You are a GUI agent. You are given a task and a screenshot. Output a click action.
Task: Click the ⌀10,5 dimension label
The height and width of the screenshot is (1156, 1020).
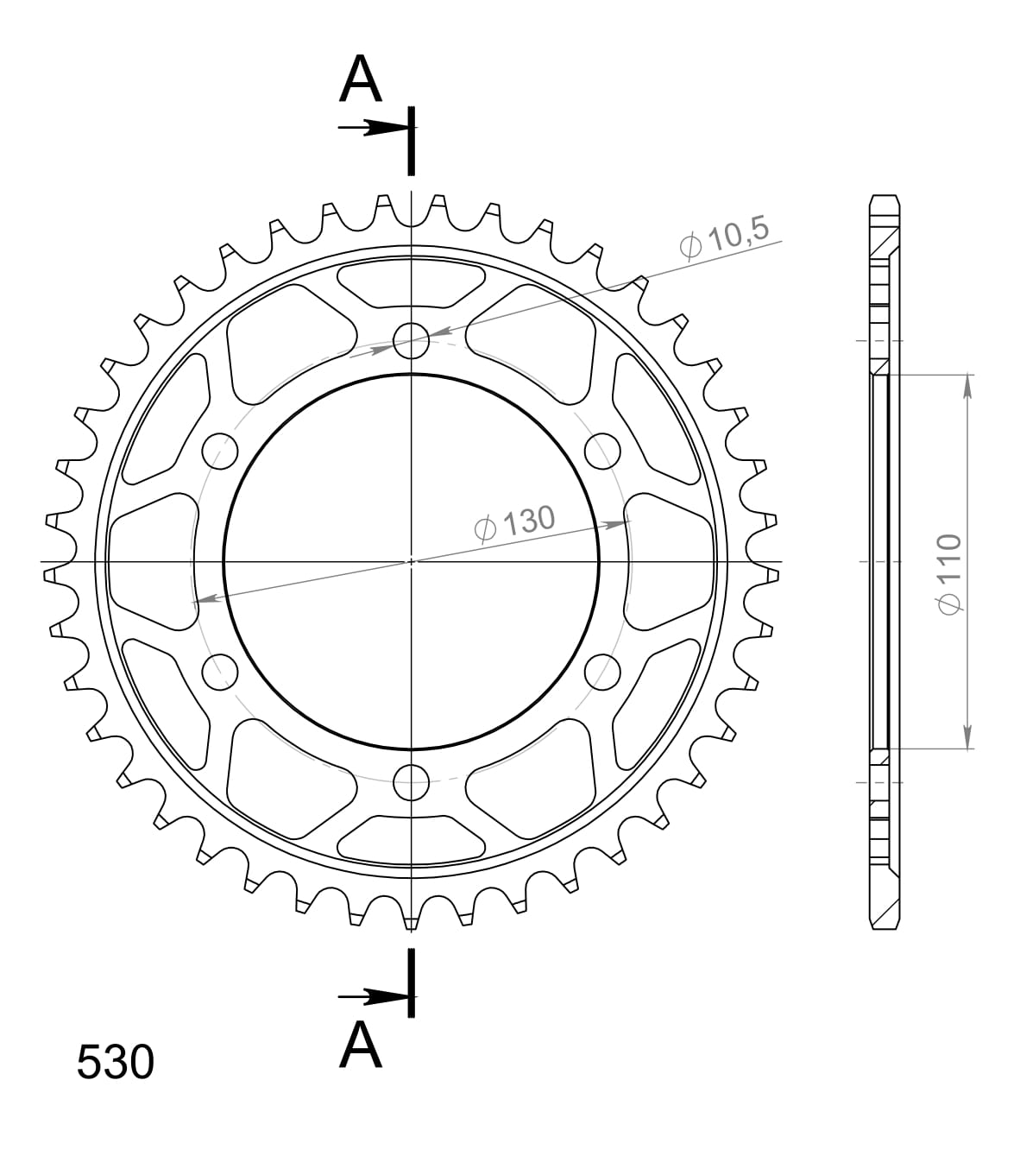(723, 239)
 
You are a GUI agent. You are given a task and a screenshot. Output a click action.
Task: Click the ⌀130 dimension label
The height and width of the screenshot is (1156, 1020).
(515, 521)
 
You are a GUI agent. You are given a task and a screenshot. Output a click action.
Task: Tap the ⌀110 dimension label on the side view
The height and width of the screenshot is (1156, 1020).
(949, 573)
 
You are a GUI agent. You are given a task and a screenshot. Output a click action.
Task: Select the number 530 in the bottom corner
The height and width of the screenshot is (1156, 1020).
(115, 1062)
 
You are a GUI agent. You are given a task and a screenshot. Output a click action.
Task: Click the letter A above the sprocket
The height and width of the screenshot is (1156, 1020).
(361, 81)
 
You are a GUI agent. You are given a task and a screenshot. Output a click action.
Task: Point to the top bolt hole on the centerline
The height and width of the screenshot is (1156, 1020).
(412, 339)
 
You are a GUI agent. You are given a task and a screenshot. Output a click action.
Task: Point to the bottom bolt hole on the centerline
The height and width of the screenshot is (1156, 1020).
(412, 784)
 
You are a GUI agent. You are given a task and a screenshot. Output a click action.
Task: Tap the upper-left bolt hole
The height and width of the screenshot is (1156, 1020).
(219, 450)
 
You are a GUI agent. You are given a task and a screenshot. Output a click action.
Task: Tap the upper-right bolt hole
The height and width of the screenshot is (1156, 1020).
(603, 450)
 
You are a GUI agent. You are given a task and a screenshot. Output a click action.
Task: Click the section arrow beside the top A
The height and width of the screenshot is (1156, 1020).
(371, 128)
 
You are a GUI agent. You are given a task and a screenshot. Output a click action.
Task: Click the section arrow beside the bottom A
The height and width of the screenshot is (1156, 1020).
(371, 997)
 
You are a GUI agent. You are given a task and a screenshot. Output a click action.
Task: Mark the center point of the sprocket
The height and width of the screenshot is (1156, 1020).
(412, 561)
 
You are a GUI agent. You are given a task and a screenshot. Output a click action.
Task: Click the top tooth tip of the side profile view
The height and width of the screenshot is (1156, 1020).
(885, 198)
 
